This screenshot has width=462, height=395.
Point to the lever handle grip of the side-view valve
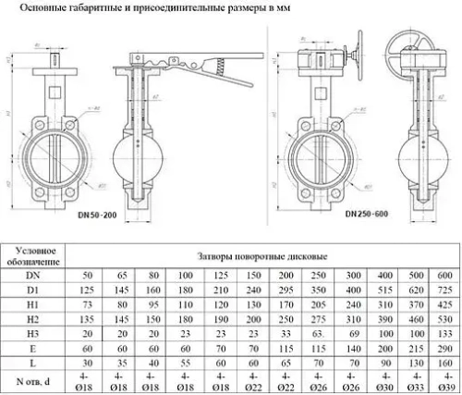point(222,67)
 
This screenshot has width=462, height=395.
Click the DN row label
point(33,276)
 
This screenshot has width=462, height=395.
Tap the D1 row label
point(33,290)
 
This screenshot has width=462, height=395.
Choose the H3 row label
point(33,333)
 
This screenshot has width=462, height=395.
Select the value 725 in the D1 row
point(444,290)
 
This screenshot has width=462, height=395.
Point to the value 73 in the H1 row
point(87,304)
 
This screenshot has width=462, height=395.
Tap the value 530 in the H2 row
point(444,318)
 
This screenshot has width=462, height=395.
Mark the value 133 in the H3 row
point(444,333)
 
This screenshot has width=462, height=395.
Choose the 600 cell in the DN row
point(444,276)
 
